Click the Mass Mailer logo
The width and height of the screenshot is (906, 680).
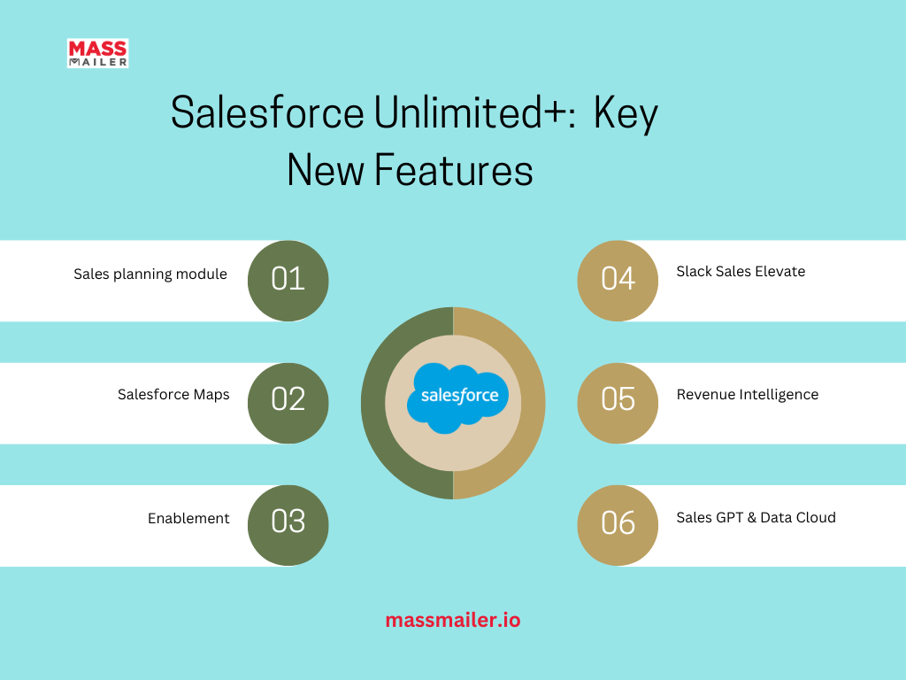(x=97, y=53)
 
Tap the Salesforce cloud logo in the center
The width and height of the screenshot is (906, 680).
(x=457, y=398)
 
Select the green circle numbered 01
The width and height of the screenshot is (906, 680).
(x=288, y=281)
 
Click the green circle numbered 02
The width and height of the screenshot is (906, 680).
(x=288, y=403)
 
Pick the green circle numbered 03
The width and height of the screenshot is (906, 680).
(x=288, y=525)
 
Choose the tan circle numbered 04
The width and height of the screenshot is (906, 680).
(x=618, y=281)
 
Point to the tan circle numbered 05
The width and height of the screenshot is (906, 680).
(x=618, y=403)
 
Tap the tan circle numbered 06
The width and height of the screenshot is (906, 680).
(x=618, y=525)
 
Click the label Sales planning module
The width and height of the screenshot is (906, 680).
(x=150, y=274)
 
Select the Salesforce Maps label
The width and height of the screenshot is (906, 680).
(x=173, y=394)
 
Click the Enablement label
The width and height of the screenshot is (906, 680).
(x=188, y=518)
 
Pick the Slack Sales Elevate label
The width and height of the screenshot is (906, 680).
(x=741, y=271)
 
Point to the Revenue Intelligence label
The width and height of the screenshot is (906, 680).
(x=748, y=394)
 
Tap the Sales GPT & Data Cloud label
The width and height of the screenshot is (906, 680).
(x=756, y=517)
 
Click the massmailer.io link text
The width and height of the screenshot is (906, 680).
(x=453, y=620)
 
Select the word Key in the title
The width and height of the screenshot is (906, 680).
(x=626, y=114)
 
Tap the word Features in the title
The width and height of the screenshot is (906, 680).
(x=454, y=170)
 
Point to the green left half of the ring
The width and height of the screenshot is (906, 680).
(x=373, y=403)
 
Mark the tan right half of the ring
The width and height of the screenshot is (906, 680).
(x=533, y=403)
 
